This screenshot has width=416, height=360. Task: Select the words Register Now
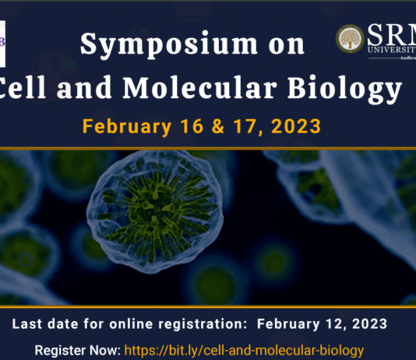74,351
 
